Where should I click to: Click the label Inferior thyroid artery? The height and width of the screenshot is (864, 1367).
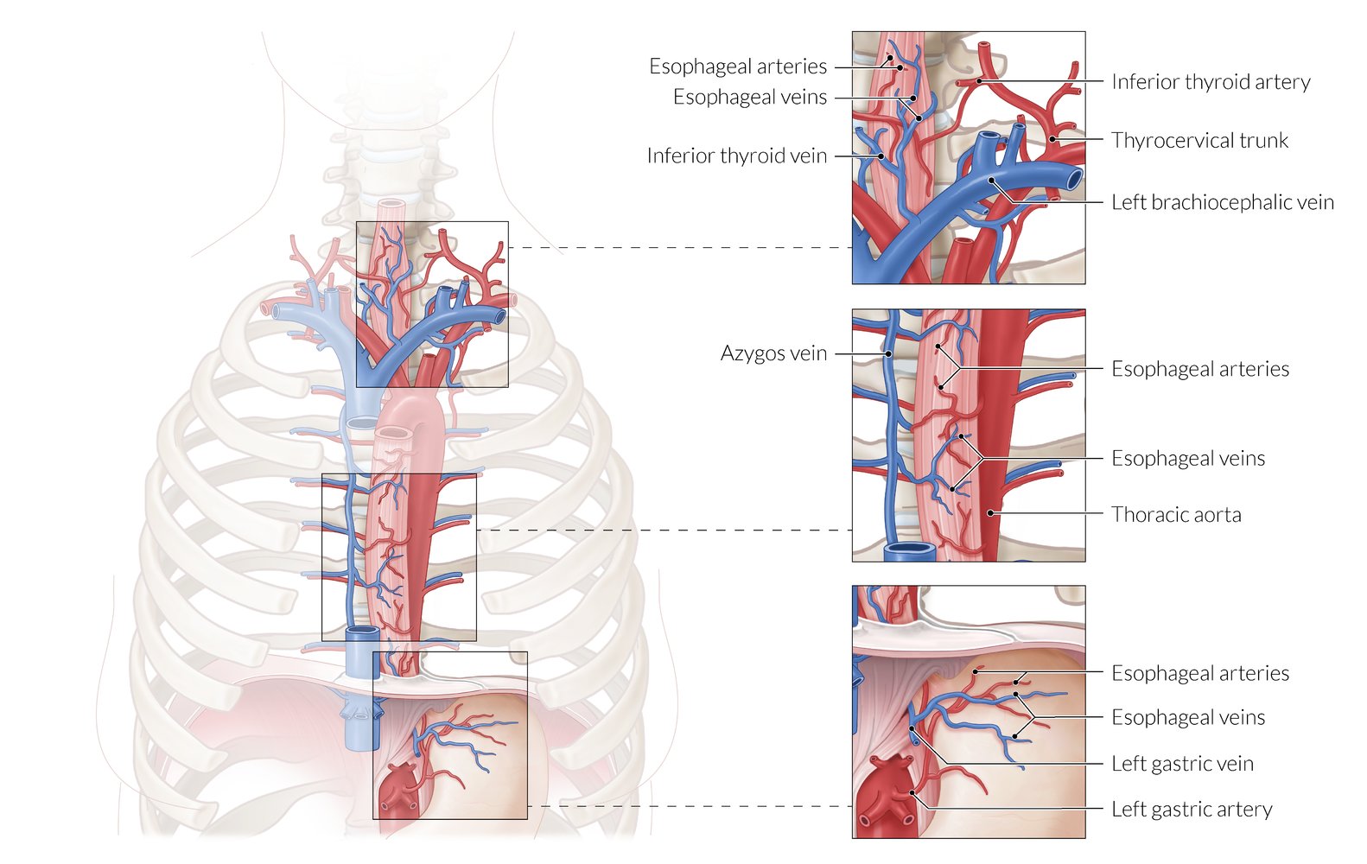(1210, 82)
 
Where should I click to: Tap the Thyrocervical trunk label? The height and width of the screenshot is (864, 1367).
(1199, 140)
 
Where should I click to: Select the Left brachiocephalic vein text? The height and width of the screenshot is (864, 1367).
(1222, 202)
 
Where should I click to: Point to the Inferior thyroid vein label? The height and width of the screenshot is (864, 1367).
(736, 156)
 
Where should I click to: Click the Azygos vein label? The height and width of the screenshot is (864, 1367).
(773, 353)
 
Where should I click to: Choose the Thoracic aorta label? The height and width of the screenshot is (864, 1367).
(1175, 515)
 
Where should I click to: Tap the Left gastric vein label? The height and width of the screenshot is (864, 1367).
(1181, 764)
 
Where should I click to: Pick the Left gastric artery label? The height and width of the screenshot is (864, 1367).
(1191, 810)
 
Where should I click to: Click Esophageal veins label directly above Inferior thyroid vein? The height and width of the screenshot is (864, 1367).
(749, 97)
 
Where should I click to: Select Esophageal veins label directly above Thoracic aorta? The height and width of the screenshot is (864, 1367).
(1187, 459)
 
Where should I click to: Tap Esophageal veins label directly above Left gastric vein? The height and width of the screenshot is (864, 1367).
(1187, 718)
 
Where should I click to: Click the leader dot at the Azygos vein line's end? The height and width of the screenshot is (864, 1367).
(888, 353)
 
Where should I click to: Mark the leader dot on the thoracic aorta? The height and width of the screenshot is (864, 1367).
(990, 513)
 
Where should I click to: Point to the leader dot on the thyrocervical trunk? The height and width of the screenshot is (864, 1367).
(1052, 139)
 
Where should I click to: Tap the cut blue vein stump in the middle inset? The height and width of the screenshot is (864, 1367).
(905, 550)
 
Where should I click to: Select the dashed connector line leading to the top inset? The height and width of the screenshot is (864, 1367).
(679, 248)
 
